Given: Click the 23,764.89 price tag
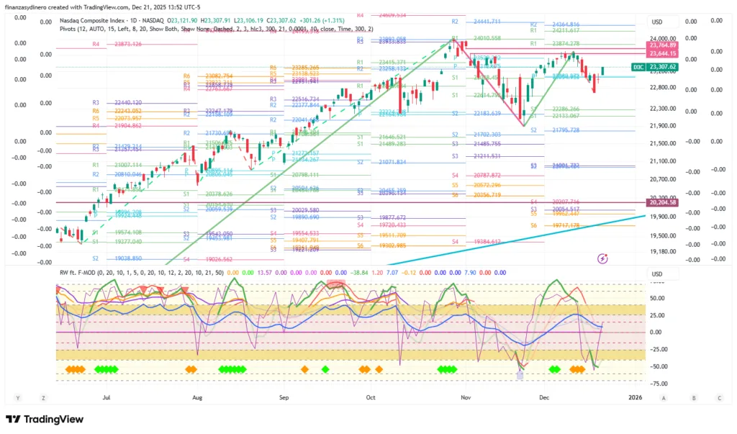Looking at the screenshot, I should [x=661, y=45].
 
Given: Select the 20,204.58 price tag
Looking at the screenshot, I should [x=661, y=203].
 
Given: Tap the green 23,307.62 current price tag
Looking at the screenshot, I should [x=661, y=67].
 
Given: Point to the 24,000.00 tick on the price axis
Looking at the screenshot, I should [x=663, y=38].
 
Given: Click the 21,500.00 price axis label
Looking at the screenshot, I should [x=663, y=143].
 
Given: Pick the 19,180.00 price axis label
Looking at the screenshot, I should [x=663, y=251].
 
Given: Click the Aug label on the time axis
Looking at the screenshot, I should [x=196, y=397].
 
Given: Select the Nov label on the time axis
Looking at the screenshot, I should [x=466, y=397].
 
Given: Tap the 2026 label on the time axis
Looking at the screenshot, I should [x=635, y=397].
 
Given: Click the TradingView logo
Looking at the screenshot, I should [x=45, y=420].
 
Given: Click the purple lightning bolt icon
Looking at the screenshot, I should [x=603, y=257].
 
